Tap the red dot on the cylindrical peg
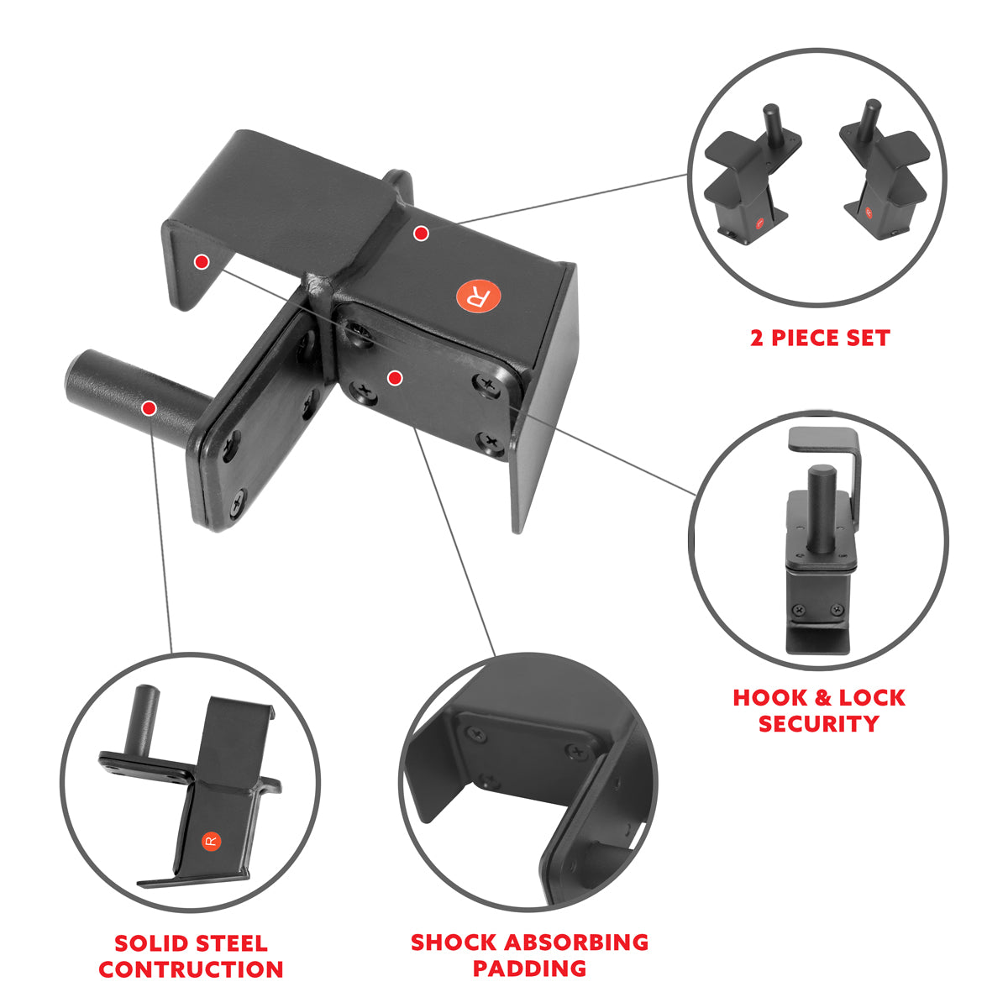[149, 409]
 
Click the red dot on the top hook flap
[201, 262]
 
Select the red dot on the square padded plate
[394, 378]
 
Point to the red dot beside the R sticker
[421, 234]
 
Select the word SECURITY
[819, 724]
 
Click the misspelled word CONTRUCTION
[191, 970]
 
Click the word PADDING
[529, 969]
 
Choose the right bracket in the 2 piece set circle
[882, 176]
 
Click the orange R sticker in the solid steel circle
[210, 841]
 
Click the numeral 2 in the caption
[758, 339]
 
